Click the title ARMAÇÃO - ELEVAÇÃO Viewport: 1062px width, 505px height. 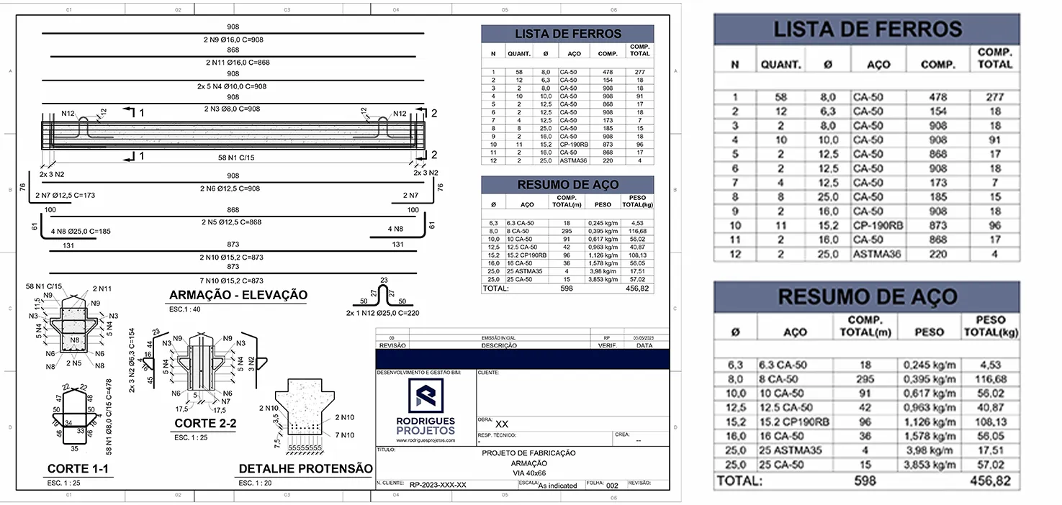[x=238, y=295]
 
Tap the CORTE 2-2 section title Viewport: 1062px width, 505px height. [x=205, y=424]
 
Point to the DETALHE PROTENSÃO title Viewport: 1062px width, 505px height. [x=305, y=469]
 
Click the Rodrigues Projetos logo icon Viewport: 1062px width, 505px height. [x=426, y=396]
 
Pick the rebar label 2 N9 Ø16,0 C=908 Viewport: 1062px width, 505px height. [x=233, y=40]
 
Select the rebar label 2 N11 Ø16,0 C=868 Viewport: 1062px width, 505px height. [x=233, y=63]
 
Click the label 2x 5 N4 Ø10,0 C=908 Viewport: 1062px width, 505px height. [x=233, y=86]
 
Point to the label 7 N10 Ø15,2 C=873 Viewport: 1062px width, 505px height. [x=233, y=281]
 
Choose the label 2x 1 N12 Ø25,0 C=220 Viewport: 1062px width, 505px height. [x=383, y=314]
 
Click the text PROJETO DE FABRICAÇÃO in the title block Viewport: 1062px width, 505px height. [x=528, y=453]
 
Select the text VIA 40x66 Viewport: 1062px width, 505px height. [x=528, y=473]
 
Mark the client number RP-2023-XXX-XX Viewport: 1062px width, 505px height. [x=438, y=485]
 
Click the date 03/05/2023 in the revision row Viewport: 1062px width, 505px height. [x=644, y=337]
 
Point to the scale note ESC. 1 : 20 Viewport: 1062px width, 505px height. [x=255, y=483]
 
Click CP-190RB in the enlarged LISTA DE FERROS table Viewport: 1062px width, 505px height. [x=877, y=226]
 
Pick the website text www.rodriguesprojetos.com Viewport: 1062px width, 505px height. [x=426, y=440]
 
